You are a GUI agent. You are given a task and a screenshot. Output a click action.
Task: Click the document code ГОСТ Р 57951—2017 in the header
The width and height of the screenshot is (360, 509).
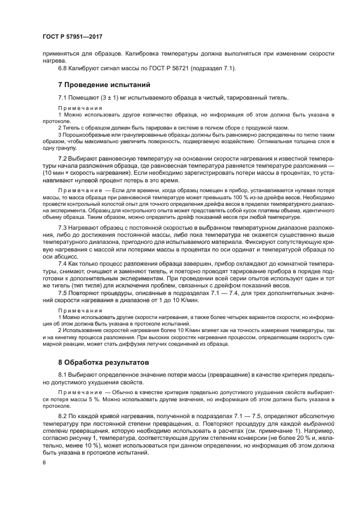72,37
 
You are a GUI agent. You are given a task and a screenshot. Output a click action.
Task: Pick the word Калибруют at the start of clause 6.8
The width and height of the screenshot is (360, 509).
86,68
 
